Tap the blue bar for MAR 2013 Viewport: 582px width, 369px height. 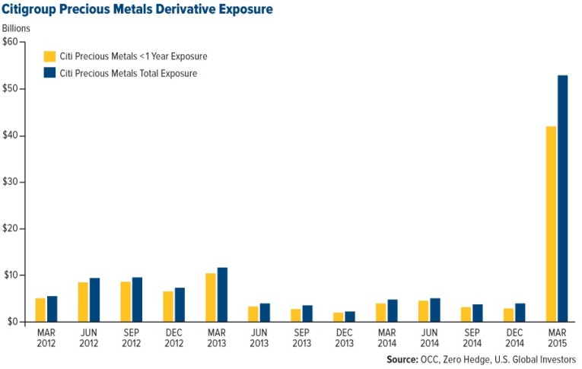pyautogui.click(x=222, y=295)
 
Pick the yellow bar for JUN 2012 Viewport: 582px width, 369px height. pyautogui.click(x=82, y=302)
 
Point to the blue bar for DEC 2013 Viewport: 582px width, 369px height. pyautogui.click(x=350, y=317)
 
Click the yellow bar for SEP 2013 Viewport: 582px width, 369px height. pyautogui.click(x=296, y=315)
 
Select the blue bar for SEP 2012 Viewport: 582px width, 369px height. pyautogui.click(x=137, y=299)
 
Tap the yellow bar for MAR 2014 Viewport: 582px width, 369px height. pyautogui.click(x=381, y=313)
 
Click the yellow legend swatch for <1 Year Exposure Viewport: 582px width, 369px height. pyautogui.click(x=50, y=56)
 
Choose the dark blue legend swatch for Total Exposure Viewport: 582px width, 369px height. pyautogui.click(x=50, y=74)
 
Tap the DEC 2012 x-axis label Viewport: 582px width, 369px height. pyautogui.click(x=173, y=337)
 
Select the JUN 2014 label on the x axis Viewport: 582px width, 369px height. pyautogui.click(x=430, y=337)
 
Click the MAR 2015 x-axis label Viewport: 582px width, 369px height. pyautogui.click(x=558, y=337)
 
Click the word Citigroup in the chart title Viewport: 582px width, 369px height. pyautogui.click(x=33, y=10)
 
